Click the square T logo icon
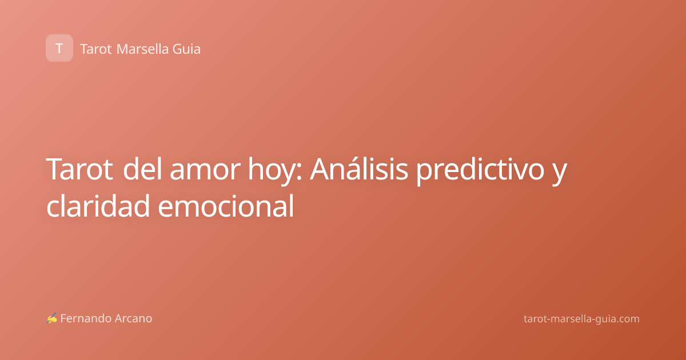tap(59, 48)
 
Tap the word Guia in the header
tap(186, 49)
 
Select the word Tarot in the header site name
tap(96, 49)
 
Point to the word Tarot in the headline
tap(79, 169)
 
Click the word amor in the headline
tap(205, 169)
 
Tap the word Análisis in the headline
tap(359, 169)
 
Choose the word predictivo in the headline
tap(480, 171)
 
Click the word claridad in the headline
tap(98, 206)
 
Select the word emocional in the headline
tap(226, 206)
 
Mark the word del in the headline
tap(142, 169)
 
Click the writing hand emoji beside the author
tap(51, 318)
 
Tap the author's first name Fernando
tap(86, 318)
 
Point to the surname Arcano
tap(134, 318)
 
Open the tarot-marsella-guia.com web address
tap(581, 319)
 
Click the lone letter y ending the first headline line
tap(560, 174)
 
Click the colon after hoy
tap(299, 172)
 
